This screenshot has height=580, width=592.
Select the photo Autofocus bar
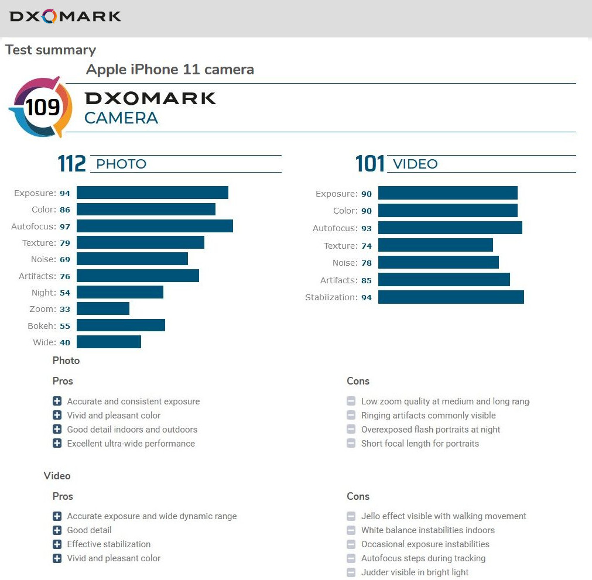(x=155, y=226)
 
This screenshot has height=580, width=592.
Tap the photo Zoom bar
(x=103, y=308)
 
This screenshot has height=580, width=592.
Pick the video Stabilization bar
(x=451, y=297)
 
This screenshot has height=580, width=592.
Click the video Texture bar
(x=435, y=246)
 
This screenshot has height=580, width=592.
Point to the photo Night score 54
(x=65, y=293)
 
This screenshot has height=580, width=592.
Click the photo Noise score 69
(x=65, y=259)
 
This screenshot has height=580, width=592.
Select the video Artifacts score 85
(x=367, y=280)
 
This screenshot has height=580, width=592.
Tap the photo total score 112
(x=72, y=164)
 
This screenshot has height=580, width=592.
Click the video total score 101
(x=370, y=164)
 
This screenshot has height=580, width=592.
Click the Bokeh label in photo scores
(x=42, y=326)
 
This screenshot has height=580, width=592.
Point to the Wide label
(x=44, y=342)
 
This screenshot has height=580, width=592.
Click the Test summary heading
(x=50, y=50)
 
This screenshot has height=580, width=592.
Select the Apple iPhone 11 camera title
(x=170, y=70)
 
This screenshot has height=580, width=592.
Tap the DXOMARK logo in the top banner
(x=65, y=16)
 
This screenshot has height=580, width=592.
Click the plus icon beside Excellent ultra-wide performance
(x=57, y=443)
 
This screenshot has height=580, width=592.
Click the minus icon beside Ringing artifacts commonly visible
(x=351, y=415)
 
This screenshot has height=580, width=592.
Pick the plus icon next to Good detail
(x=57, y=530)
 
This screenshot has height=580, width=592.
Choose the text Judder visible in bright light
(x=415, y=572)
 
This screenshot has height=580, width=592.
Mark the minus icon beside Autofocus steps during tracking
(x=351, y=558)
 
